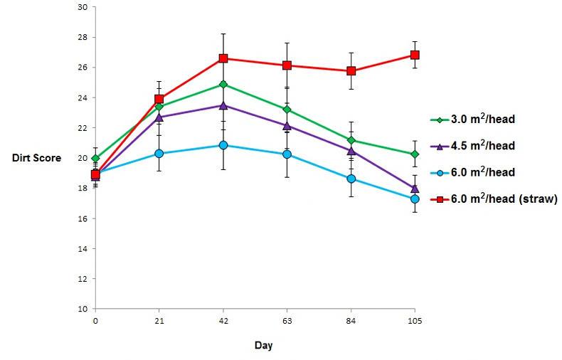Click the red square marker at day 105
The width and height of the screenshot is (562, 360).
(415, 55)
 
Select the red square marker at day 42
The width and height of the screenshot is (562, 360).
(223, 58)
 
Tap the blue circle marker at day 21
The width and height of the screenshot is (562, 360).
(159, 153)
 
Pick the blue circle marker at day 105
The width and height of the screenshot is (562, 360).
(415, 199)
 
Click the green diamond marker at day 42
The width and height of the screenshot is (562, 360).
(223, 84)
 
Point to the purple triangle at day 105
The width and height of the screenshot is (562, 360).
(415, 189)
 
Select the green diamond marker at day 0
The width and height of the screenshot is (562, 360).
(95, 158)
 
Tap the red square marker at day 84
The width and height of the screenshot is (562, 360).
(351, 70)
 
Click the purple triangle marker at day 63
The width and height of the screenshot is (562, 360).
(287, 125)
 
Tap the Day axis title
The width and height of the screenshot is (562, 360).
(263, 346)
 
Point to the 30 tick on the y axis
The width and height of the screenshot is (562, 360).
(83, 7)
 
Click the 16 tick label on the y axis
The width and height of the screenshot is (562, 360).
(83, 218)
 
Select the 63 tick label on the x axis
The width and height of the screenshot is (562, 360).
(287, 321)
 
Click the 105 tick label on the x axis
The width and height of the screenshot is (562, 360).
(415, 321)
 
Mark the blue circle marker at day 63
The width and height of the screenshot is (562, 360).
(287, 154)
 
